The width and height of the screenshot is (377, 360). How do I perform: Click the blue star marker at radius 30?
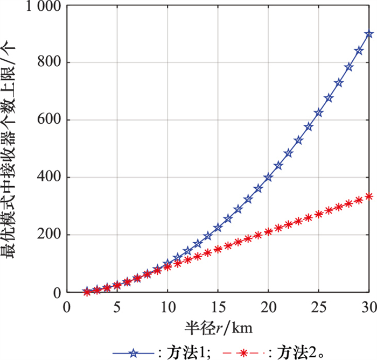(x=369, y=34)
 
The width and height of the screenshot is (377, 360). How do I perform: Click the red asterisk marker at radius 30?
(x=369, y=196)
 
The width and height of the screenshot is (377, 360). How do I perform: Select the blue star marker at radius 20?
(x=268, y=177)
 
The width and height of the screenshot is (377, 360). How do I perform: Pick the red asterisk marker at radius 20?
(x=268, y=231)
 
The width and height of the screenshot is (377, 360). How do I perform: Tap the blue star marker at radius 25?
(x=319, y=113)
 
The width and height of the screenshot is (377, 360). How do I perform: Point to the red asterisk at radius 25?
(x=319, y=214)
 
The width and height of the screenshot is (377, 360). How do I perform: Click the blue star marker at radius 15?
(x=218, y=228)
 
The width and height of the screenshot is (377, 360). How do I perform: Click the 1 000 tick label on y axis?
(x=37, y=6)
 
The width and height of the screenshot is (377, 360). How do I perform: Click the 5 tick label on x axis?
(x=117, y=306)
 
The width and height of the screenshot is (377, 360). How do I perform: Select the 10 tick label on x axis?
(x=167, y=306)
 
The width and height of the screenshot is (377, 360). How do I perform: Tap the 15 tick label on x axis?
(x=218, y=306)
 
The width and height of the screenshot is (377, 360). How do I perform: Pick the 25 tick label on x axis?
(x=319, y=306)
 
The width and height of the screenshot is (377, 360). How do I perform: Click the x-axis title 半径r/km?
(x=218, y=326)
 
